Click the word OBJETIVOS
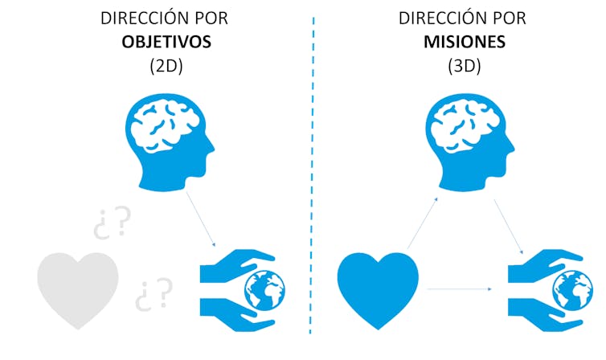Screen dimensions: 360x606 point(166,42)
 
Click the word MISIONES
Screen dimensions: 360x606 point(464,42)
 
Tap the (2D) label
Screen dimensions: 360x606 point(166,66)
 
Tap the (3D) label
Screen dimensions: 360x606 point(464,66)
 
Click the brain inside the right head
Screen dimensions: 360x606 point(461,125)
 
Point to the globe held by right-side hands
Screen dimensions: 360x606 point(571,287)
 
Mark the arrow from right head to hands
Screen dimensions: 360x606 point(510,226)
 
